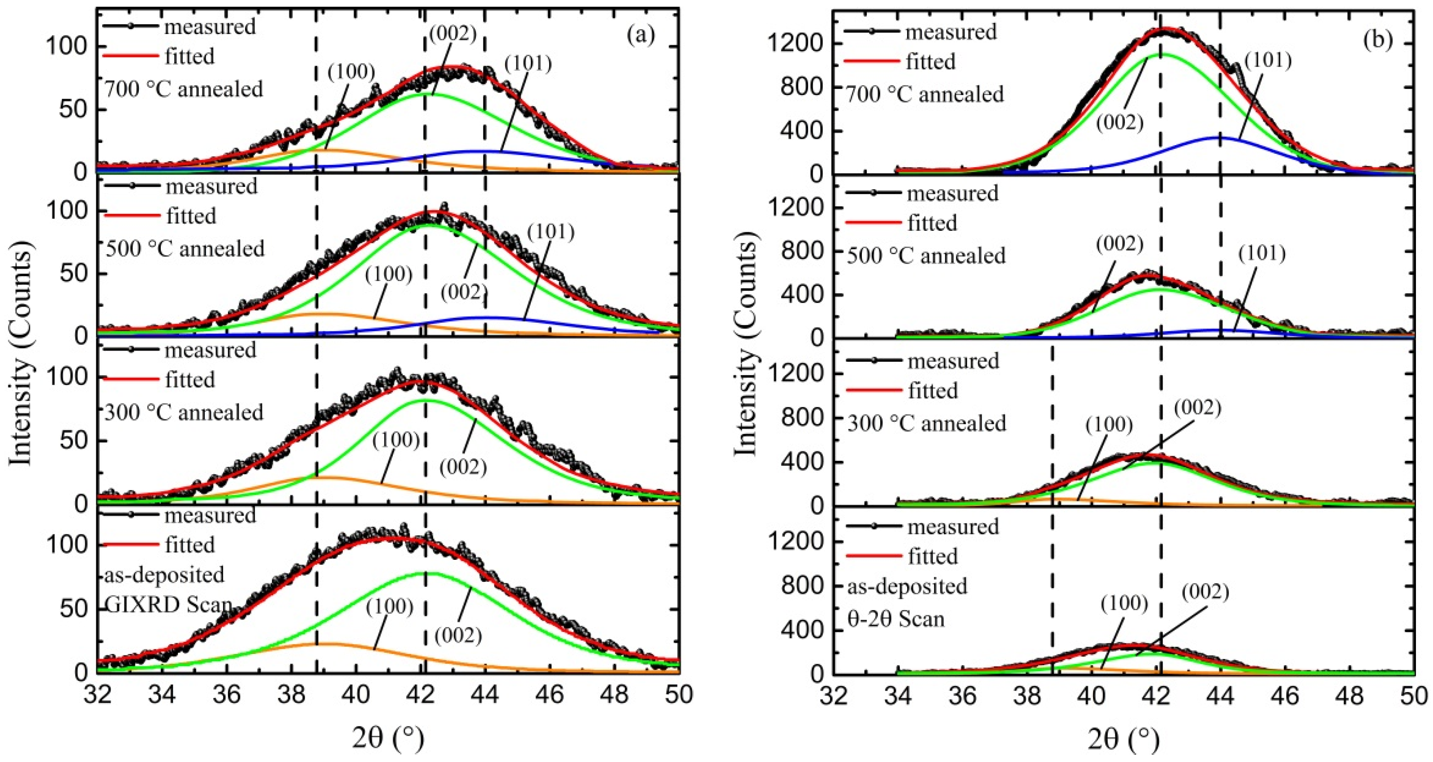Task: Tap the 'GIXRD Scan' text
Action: pos(168,605)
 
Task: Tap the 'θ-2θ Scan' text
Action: pos(896,619)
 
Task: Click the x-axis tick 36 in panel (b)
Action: pos(963,696)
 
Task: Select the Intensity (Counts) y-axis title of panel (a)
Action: pos(21,357)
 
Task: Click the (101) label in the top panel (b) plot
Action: pos(1267,60)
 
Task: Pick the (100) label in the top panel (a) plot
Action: pos(351,71)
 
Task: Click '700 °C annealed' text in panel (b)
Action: pos(925,95)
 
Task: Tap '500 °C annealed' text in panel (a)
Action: pos(185,248)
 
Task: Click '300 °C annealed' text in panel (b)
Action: pos(927,424)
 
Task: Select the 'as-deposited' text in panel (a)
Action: pos(165,575)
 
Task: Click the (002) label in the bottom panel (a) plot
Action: pos(457,635)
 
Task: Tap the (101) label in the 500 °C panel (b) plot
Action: pos(1262,254)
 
